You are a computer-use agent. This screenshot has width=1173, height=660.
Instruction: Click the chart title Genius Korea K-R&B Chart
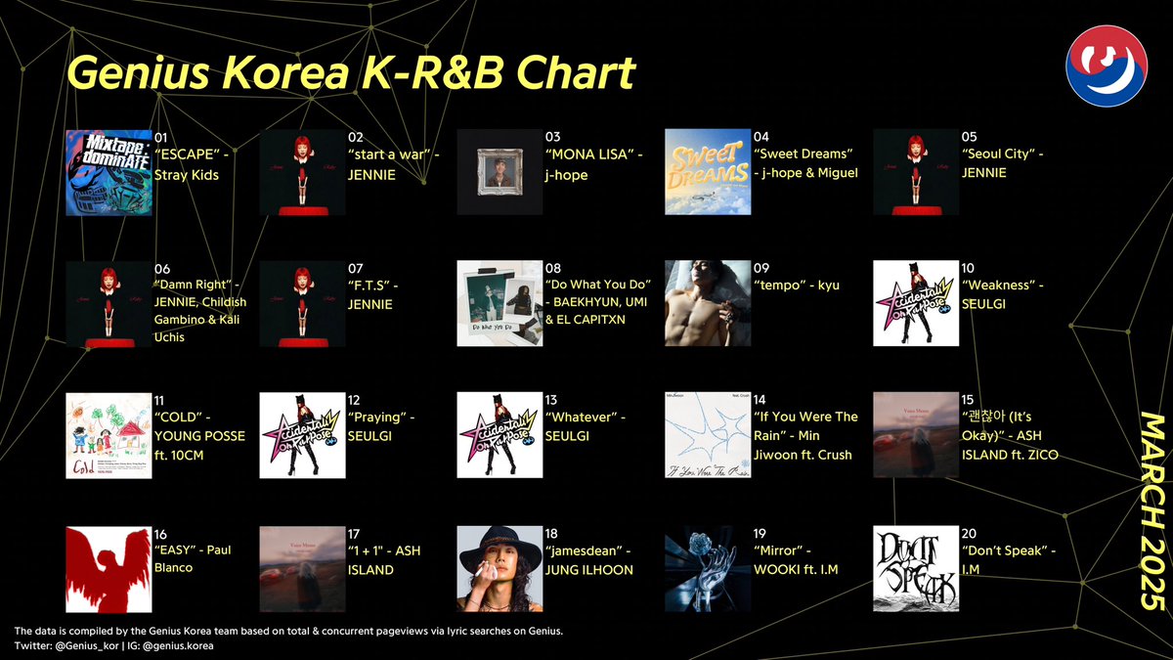point(350,74)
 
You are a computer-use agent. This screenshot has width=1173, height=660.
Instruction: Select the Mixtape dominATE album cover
point(109,172)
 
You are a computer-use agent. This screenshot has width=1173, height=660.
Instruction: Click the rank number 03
point(553,137)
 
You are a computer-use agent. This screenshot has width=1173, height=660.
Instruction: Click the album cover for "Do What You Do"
point(500,303)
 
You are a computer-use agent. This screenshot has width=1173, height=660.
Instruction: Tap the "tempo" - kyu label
point(797,285)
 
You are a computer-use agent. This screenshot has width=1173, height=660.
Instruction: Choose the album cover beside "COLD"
point(109,435)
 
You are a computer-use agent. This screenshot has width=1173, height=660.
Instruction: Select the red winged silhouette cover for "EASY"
point(109,569)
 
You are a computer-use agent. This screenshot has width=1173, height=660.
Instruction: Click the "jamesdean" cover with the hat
point(500,569)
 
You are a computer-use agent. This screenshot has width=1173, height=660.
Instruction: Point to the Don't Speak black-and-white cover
point(916,569)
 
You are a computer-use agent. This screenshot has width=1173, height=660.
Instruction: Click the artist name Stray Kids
point(187,175)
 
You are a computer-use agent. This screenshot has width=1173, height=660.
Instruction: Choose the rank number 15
point(968,400)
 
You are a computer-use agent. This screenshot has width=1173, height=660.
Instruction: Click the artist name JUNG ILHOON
point(589,570)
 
